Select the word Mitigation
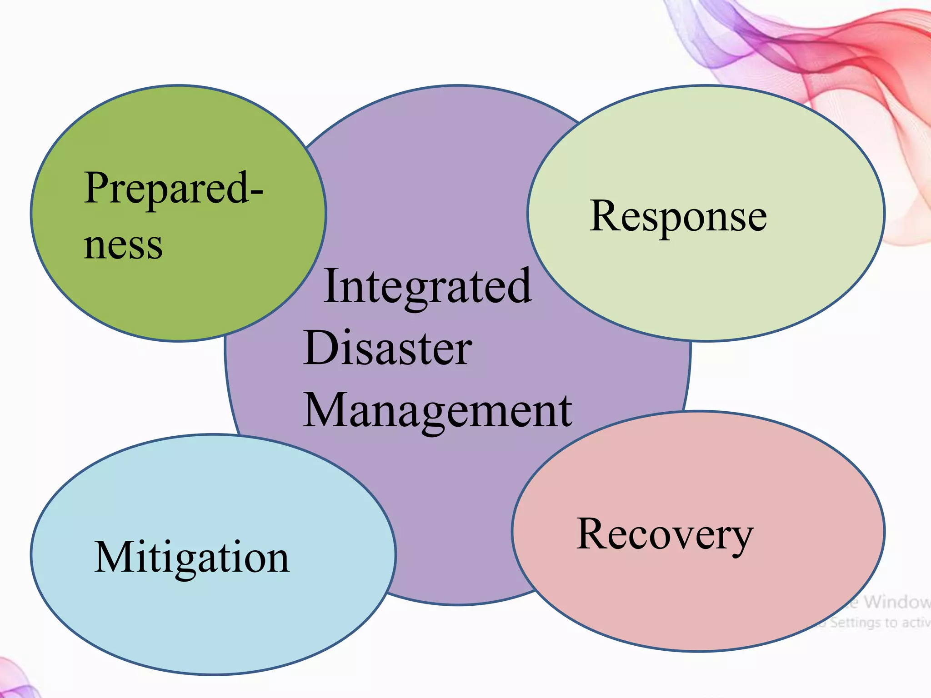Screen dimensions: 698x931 (x=191, y=558)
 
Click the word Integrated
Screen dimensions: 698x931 (x=427, y=286)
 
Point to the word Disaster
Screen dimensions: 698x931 (x=388, y=348)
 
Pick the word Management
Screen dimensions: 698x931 (x=438, y=410)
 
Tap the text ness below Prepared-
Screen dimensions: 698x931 (x=123, y=246)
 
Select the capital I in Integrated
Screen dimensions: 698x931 (x=331, y=286)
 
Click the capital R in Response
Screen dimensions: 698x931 (x=606, y=215)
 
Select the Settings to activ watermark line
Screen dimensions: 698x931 (x=875, y=622)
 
